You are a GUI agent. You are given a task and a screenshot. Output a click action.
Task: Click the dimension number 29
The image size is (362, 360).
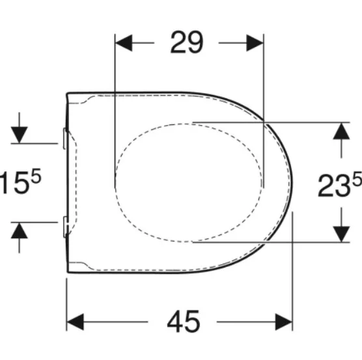coord(187,42)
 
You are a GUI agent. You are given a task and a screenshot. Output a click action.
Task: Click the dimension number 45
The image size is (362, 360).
coord(184,321)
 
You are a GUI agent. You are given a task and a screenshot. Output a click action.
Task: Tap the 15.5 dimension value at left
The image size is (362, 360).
coord(20,182)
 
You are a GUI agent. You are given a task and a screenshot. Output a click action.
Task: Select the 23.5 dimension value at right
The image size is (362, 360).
coord(340,184)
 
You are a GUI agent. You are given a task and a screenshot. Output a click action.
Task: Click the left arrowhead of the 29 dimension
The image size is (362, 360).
coord(124,43)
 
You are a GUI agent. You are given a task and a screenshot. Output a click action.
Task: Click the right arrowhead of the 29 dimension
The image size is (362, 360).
coord(255,43)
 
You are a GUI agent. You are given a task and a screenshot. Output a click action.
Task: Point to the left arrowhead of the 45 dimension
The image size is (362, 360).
coord(76,322)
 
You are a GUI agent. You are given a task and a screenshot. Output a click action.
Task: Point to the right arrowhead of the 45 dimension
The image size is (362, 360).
coord(284,322)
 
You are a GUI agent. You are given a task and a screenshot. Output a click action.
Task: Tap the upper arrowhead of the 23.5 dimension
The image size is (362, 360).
coord(341,131)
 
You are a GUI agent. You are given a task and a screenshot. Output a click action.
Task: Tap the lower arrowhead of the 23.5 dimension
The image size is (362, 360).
coord(341,234)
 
